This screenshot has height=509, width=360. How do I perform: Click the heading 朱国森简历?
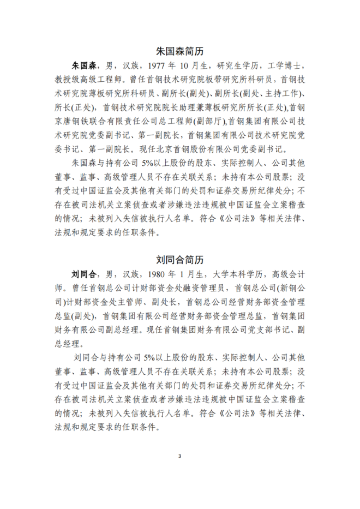[179, 52]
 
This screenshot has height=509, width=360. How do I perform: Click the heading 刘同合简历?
[179, 257]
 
